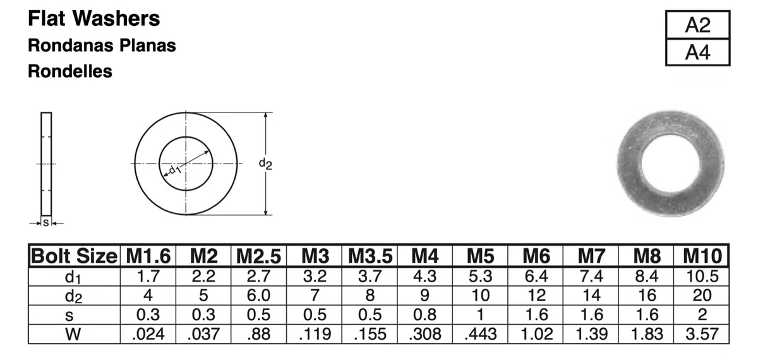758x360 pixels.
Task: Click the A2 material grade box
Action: (697, 26)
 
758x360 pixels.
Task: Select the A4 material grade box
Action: (697, 53)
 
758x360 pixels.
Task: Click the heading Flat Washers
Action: (94, 19)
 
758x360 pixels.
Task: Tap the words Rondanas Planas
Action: (102, 46)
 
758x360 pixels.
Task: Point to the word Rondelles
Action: (70, 72)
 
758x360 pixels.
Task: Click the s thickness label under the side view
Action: (46, 222)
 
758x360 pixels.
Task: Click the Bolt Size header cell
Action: (74, 257)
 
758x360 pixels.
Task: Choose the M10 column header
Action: (702, 257)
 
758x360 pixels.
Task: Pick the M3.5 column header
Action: (370, 257)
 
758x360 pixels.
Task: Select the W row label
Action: (74, 333)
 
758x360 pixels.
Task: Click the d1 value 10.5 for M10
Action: (702, 276)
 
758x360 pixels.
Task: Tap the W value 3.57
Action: (702, 333)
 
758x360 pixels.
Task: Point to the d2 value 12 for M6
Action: (536, 295)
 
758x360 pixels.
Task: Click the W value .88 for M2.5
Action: (259, 333)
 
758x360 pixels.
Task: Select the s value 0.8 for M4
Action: (424, 315)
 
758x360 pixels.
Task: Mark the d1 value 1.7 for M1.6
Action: (147, 276)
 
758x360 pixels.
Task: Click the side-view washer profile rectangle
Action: (46, 164)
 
